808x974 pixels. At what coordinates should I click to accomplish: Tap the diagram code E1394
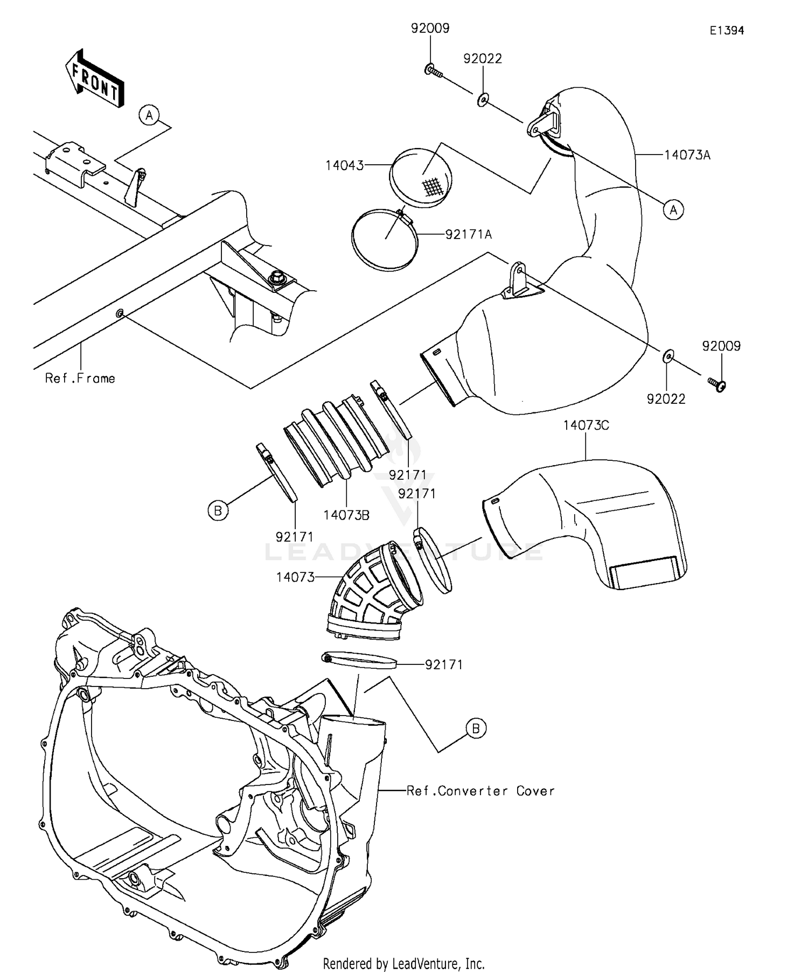pos(726,31)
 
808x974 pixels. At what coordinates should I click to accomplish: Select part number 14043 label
pos(345,165)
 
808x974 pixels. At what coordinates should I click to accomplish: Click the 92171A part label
pos(469,234)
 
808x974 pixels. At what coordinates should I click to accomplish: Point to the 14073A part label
pos(687,156)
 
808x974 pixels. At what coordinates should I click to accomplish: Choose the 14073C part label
pos(586,425)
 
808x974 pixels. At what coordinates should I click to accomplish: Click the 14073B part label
pos(346,515)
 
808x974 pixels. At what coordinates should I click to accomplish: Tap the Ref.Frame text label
pos(80,379)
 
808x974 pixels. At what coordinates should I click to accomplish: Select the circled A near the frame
pos(149,115)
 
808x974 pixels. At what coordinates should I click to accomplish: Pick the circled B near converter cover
pos(476,728)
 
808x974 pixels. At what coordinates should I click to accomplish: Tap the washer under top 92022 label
pos(483,99)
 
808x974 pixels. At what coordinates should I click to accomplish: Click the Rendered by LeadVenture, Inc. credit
pos(403,963)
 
